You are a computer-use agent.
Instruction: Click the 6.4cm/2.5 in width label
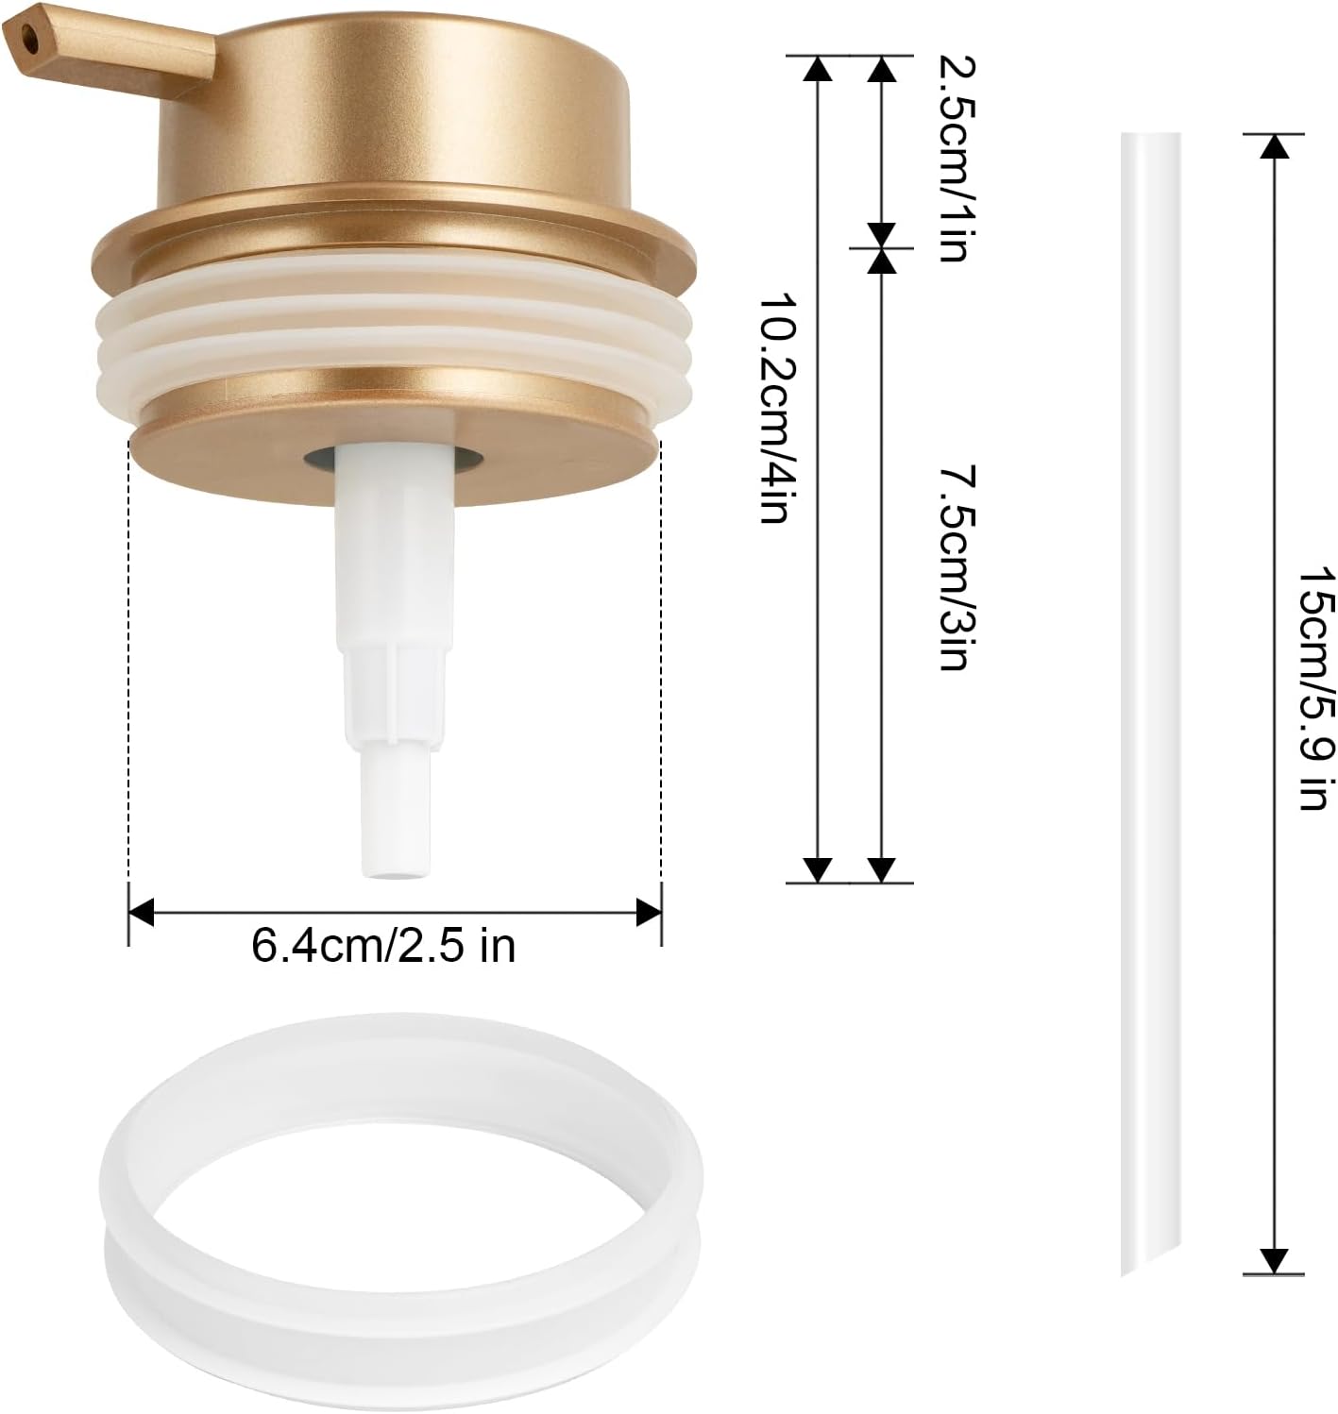383,945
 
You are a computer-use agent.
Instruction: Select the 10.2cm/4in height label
774,406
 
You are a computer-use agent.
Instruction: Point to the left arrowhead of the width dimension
141,912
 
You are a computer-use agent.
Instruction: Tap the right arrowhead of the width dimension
650,912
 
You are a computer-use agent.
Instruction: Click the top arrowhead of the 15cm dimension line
1275,146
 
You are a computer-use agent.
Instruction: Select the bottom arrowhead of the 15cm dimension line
1275,1260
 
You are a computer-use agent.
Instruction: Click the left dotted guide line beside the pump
128,661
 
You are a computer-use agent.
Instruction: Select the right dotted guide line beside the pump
661,661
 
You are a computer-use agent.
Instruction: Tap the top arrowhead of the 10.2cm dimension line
818,68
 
